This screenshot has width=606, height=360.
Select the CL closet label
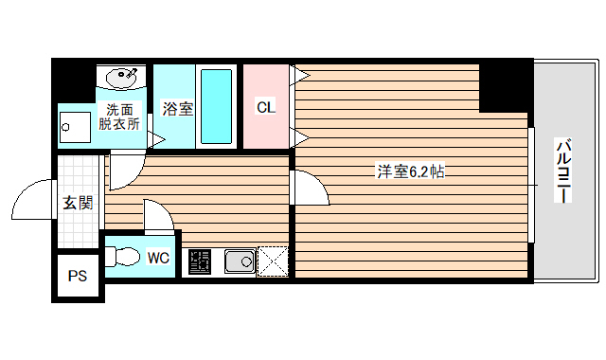265,107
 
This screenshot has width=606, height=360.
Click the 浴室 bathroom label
177,108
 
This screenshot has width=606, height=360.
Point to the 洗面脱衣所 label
123,115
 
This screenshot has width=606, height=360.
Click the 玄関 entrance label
78,202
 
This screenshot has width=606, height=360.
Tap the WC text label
158,257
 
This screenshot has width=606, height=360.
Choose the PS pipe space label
78,278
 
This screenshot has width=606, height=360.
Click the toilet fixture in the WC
122,257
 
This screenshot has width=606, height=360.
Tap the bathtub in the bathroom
217,106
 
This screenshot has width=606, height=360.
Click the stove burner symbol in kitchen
201,261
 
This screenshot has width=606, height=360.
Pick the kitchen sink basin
239,261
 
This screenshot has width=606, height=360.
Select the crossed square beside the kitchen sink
273,261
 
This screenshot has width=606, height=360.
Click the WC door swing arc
159,216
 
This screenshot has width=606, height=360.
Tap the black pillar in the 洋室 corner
505,87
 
